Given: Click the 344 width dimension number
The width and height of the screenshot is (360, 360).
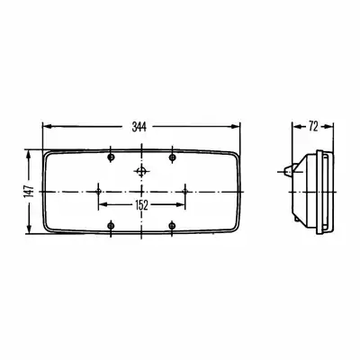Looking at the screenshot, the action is (139, 127).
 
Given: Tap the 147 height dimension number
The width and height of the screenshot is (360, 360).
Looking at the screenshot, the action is (30, 192).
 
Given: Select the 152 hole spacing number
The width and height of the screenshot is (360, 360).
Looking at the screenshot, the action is (141, 205).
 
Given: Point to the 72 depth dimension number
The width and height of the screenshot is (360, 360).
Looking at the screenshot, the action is (313, 127).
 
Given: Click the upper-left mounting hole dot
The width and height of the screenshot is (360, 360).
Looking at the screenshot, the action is (112, 157).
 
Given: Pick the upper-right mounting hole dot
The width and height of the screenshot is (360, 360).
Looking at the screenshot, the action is (172, 157).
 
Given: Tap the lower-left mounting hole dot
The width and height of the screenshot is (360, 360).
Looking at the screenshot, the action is (112, 225).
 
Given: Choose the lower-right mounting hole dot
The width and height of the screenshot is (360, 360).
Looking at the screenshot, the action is (172, 225).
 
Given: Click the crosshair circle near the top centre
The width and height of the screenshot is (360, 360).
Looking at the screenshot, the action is (141, 172).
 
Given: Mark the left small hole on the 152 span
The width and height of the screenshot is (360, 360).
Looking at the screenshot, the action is (98, 192).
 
